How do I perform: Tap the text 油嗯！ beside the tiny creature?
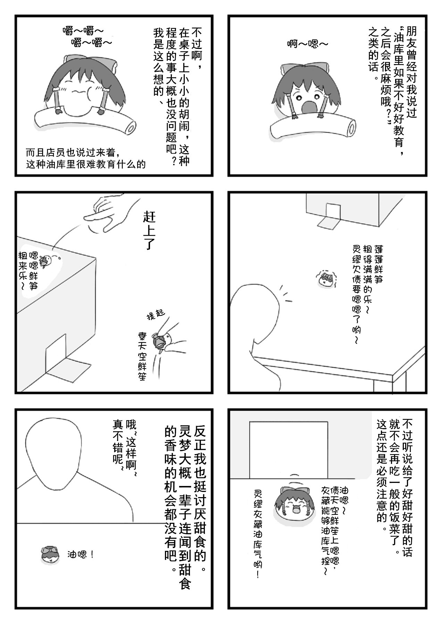coord(81,555)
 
